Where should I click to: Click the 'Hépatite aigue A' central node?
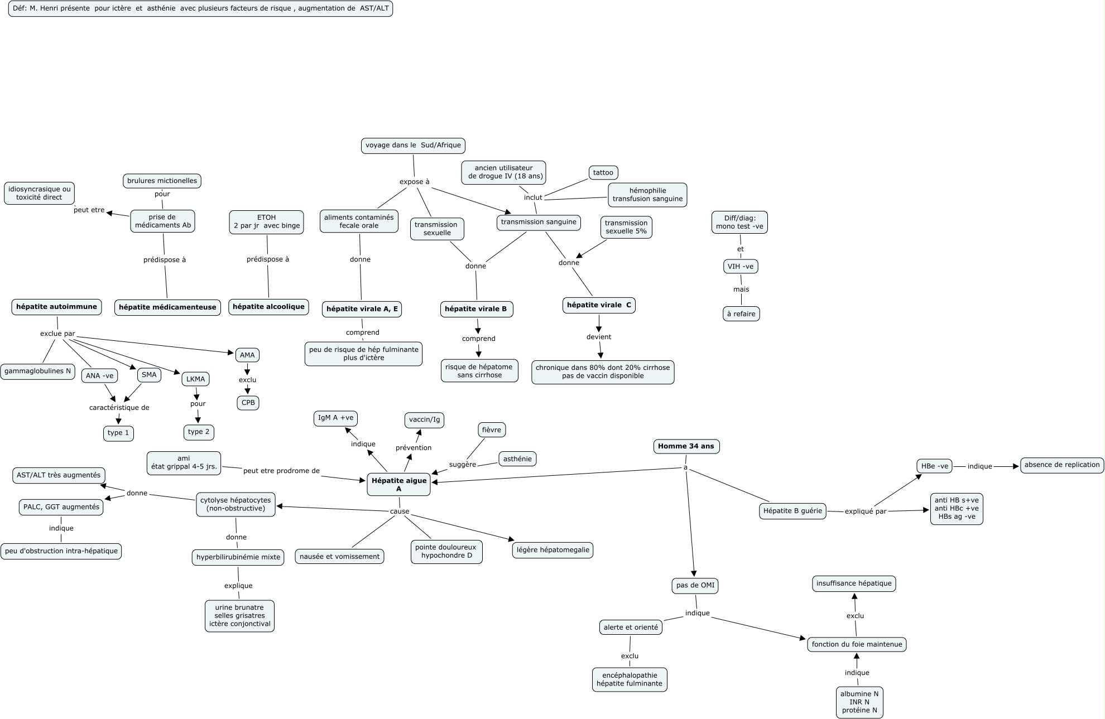coord(398,484)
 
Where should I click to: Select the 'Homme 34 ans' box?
coord(686,446)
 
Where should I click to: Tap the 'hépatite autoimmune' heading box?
coord(56,307)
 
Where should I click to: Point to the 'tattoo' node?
coord(603,172)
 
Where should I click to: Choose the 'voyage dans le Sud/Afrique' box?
coord(413,146)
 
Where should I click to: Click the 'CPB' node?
coord(248,403)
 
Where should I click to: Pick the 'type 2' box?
coord(199,432)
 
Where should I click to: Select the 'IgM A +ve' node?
coord(335,418)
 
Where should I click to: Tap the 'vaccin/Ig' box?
coord(424,419)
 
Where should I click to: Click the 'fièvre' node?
coord(492,430)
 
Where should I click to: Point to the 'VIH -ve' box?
coord(740,267)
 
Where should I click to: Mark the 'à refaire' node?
coord(741,314)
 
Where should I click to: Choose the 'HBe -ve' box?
coord(934,466)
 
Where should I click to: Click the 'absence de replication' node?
coord(1061,465)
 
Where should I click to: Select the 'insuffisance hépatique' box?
coord(854,583)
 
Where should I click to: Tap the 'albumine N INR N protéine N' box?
coord(859,702)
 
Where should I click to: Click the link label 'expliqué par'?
coord(866,511)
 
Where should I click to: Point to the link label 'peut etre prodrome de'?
coord(281,471)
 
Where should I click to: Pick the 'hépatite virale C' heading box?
coord(599,305)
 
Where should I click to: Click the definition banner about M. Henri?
coord(200,8)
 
